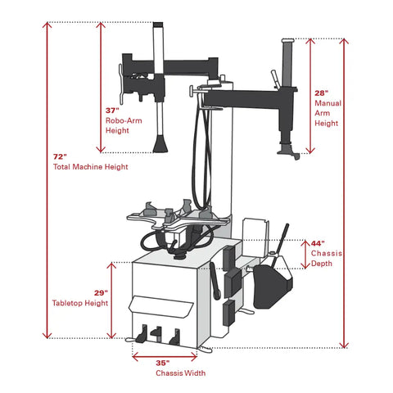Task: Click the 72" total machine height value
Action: (x=60, y=157)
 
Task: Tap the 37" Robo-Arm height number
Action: (x=112, y=111)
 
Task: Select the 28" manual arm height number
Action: (x=321, y=93)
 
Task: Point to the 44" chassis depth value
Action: (x=318, y=243)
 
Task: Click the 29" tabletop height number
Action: (x=101, y=293)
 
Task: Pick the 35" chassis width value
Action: (x=163, y=363)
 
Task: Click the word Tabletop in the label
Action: (x=67, y=303)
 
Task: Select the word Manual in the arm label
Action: (x=328, y=103)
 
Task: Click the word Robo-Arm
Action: (x=124, y=120)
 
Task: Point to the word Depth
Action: (x=322, y=264)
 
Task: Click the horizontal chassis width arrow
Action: (x=165, y=356)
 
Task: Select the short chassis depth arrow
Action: (x=305, y=255)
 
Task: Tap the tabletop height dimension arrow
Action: (x=111, y=300)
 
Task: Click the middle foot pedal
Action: (x=156, y=333)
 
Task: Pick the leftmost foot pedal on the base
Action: (x=142, y=334)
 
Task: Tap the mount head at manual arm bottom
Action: (x=289, y=151)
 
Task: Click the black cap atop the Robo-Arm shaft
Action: (x=158, y=25)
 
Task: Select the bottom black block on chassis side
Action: (x=229, y=313)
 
